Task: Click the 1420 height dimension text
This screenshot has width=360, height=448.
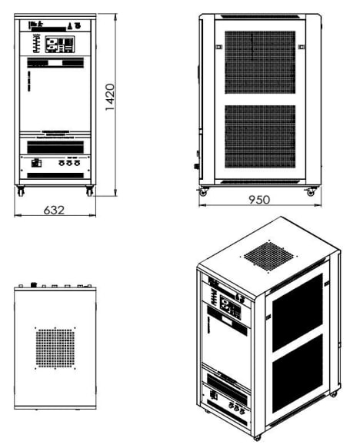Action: point(110,97)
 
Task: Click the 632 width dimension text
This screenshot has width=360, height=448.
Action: point(54,211)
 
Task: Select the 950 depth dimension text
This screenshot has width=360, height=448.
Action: point(259,200)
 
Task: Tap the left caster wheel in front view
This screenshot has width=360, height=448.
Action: point(21,191)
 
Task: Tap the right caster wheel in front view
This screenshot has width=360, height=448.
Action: point(89,191)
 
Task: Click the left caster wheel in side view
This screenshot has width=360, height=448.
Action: point(203,192)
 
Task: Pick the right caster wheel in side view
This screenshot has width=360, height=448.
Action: point(311,192)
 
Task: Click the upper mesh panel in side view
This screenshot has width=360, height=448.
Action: point(260,62)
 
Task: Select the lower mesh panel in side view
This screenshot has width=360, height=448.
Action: point(260,136)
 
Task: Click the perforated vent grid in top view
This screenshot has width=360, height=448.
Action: point(55,348)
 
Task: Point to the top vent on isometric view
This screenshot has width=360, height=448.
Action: point(268,257)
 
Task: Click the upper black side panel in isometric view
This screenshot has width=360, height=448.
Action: point(298,313)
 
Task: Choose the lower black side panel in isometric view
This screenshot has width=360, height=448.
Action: point(298,373)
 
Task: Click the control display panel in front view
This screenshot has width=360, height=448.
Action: point(60,45)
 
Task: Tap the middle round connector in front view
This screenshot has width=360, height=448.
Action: point(69,163)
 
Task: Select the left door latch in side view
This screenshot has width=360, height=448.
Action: point(218,47)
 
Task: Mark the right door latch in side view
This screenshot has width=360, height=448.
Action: point(302,47)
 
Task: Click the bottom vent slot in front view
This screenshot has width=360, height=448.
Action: point(55,175)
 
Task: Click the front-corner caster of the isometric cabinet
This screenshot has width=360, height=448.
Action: point(257,437)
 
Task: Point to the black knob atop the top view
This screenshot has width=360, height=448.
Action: point(34,284)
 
